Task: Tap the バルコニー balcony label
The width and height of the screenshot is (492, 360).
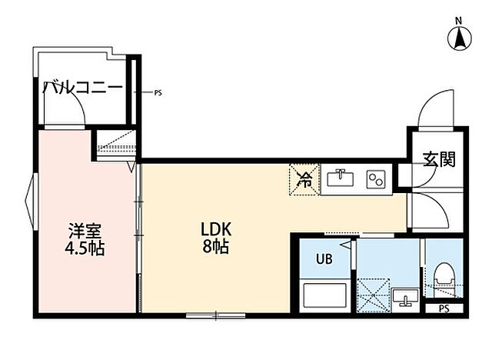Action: pos(83,87)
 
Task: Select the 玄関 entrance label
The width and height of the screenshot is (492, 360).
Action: pos(439,160)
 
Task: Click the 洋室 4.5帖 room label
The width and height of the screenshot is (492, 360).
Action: pos(86,239)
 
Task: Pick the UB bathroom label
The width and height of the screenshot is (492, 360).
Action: pos(324,258)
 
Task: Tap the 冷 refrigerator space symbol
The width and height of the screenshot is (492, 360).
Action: pos(304,181)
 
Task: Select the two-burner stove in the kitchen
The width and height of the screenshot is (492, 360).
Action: pos(376,180)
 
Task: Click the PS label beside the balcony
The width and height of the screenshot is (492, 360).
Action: pos(158,93)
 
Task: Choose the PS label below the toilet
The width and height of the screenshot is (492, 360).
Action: pos(444,308)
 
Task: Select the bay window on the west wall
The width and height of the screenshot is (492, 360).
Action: pos(30,204)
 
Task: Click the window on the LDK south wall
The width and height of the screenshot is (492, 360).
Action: pos(214,314)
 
